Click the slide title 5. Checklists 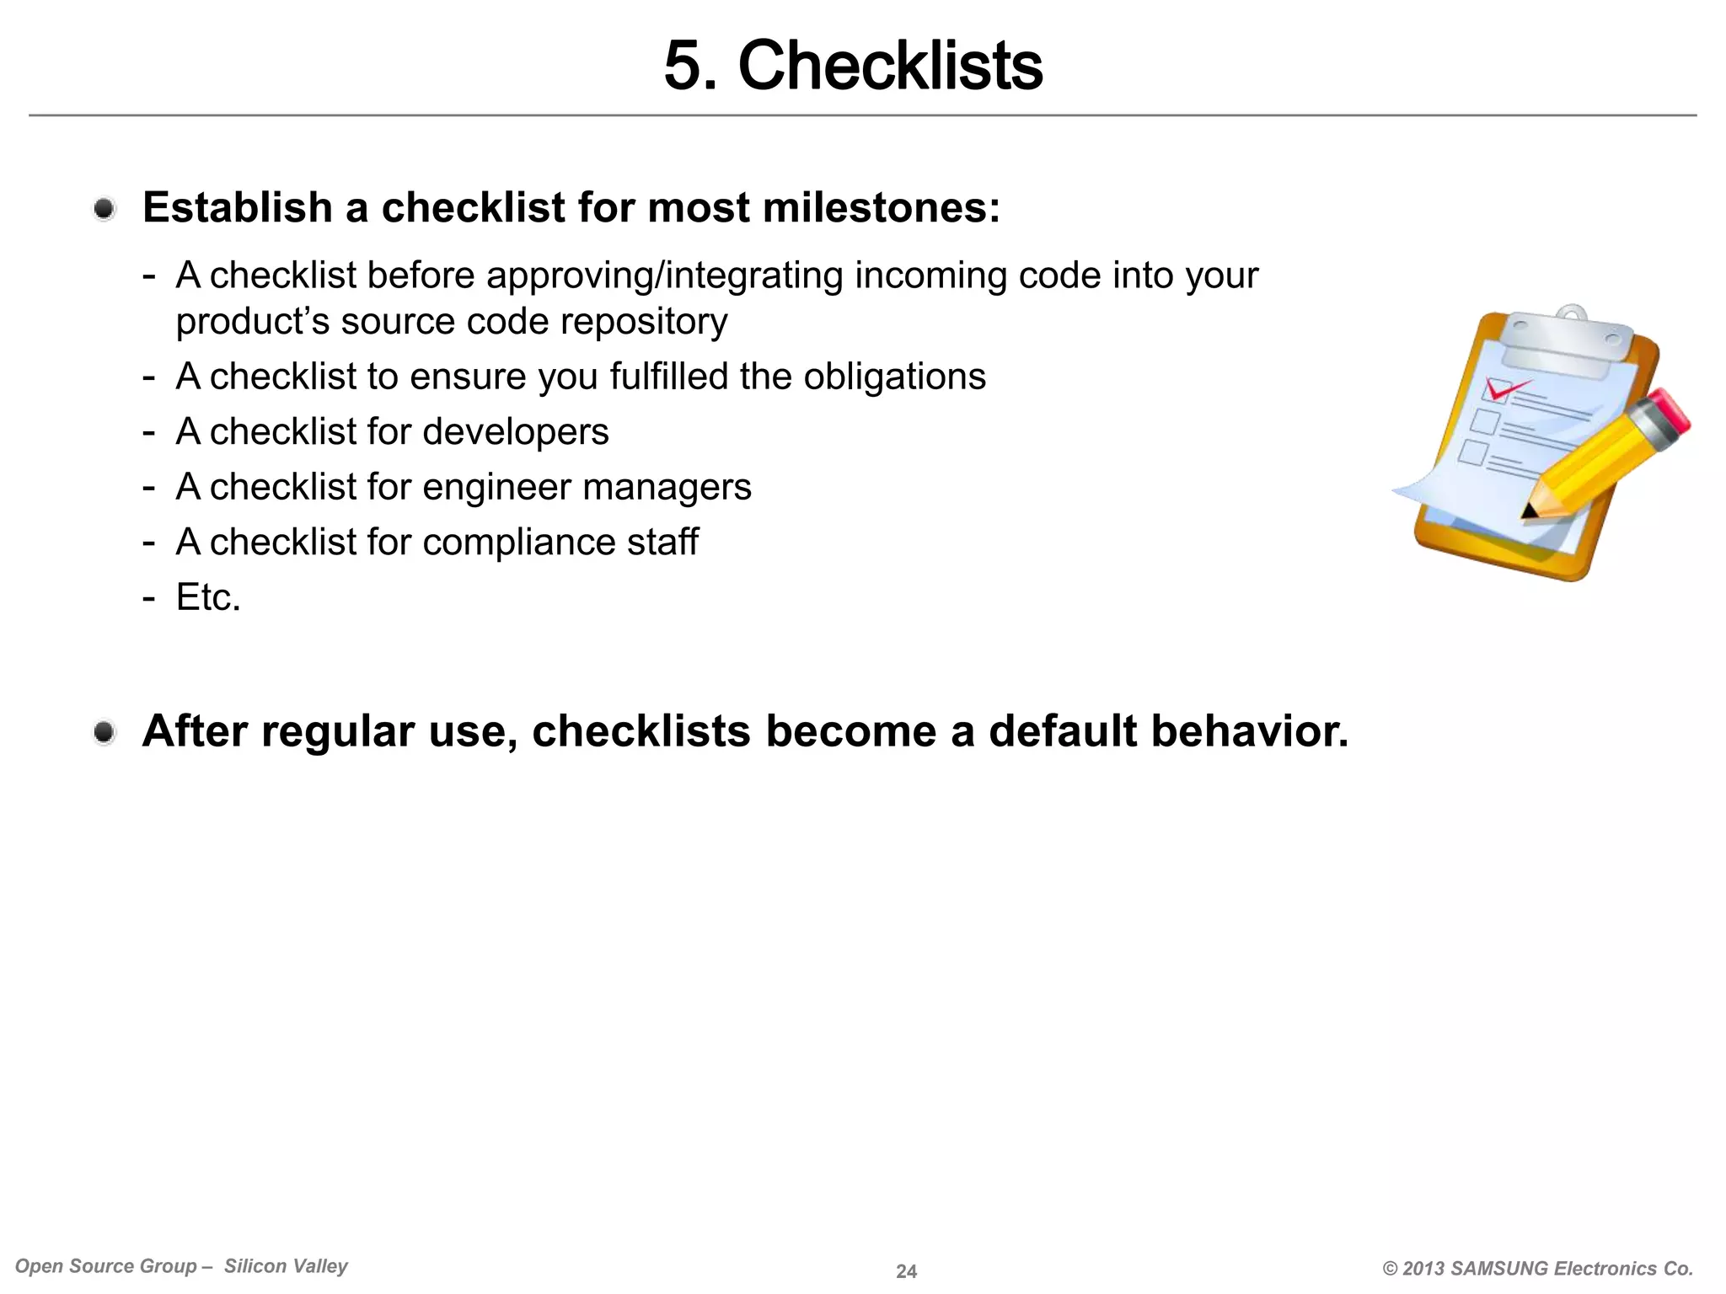[853, 66]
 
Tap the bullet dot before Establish [105, 208]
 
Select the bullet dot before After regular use [105, 732]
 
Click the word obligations [894, 377]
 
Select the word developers [515, 432]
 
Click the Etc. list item [208, 597]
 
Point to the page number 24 [906, 1271]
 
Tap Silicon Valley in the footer [286, 1266]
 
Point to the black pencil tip [1528, 511]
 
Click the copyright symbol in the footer [1391, 1269]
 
